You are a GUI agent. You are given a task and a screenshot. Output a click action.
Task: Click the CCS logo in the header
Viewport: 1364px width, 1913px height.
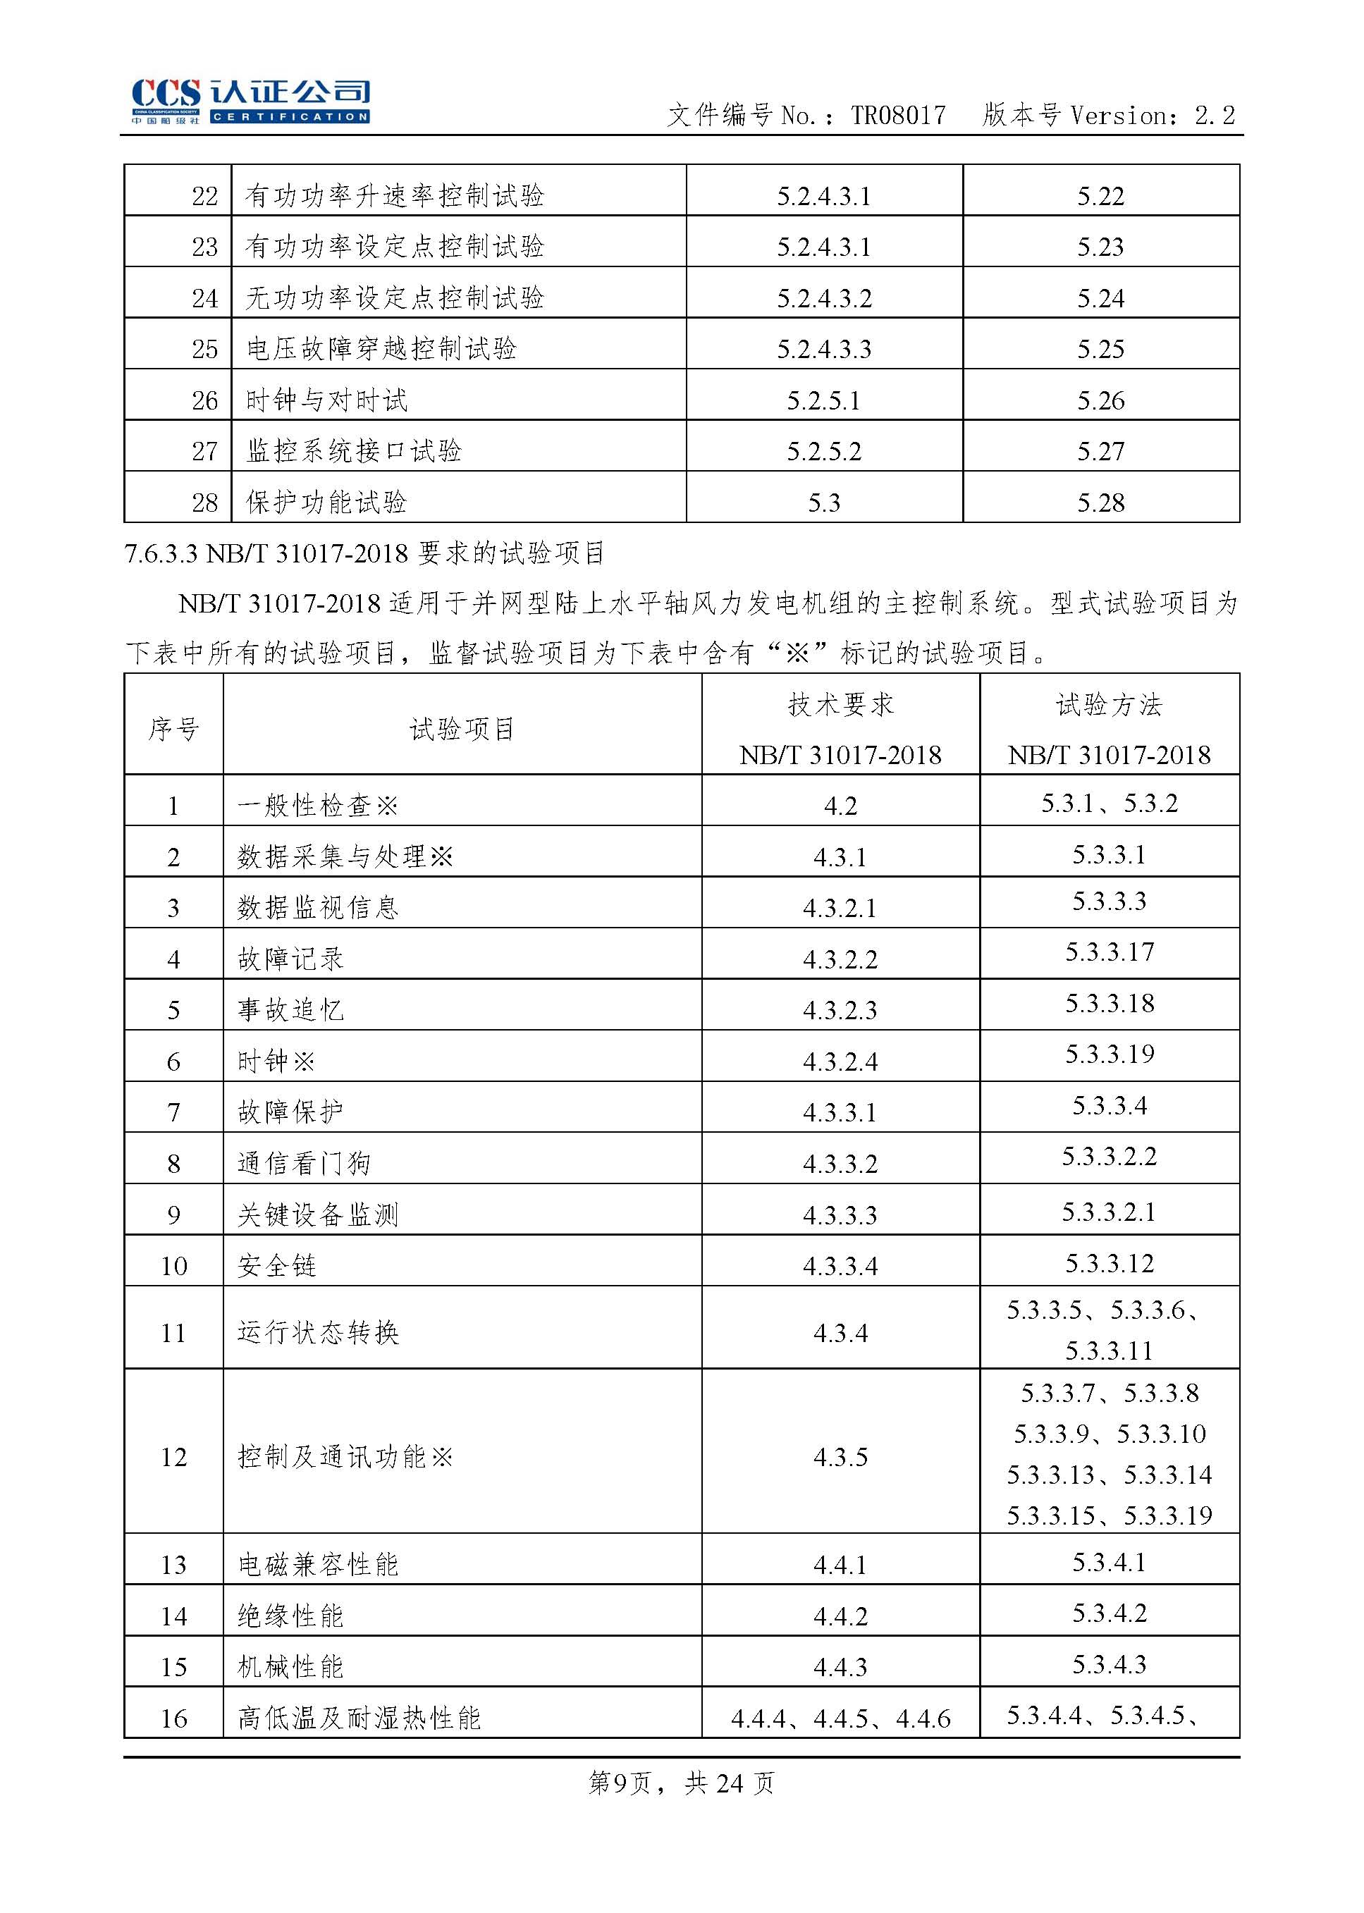click(250, 102)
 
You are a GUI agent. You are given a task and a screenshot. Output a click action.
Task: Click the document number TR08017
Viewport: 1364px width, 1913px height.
click(898, 115)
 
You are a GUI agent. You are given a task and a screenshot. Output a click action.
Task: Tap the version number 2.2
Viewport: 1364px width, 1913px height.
click(1215, 115)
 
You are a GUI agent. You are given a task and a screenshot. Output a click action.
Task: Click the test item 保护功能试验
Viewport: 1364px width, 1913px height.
click(326, 502)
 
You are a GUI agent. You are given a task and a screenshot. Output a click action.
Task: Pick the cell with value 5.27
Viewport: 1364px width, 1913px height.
click(1100, 452)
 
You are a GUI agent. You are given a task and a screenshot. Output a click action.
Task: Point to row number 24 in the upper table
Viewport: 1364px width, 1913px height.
click(205, 298)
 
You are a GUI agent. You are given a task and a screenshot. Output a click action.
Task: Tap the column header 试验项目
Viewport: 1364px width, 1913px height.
click(462, 728)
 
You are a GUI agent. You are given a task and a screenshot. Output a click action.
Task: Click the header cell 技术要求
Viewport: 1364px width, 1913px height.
click(841, 706)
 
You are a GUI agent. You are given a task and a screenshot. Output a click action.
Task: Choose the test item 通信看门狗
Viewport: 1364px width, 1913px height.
click(304, 1163)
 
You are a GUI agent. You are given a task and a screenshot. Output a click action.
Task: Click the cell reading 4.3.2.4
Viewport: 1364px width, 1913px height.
click(840, 1062)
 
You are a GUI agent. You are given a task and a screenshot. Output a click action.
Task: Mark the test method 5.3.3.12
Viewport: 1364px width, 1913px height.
click(1110, 1263)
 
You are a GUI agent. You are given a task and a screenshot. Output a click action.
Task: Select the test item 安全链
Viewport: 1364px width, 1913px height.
click(276, 1265)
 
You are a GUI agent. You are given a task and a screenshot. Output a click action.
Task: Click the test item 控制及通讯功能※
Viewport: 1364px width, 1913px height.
click(345, 1457)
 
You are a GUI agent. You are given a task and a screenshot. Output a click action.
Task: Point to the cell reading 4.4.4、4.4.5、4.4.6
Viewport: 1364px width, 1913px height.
click(840, 1718)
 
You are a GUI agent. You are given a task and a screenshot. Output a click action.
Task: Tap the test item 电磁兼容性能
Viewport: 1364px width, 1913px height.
click(317, 1565)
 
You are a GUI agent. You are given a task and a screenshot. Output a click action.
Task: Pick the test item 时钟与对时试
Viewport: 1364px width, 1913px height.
click(326, 400)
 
